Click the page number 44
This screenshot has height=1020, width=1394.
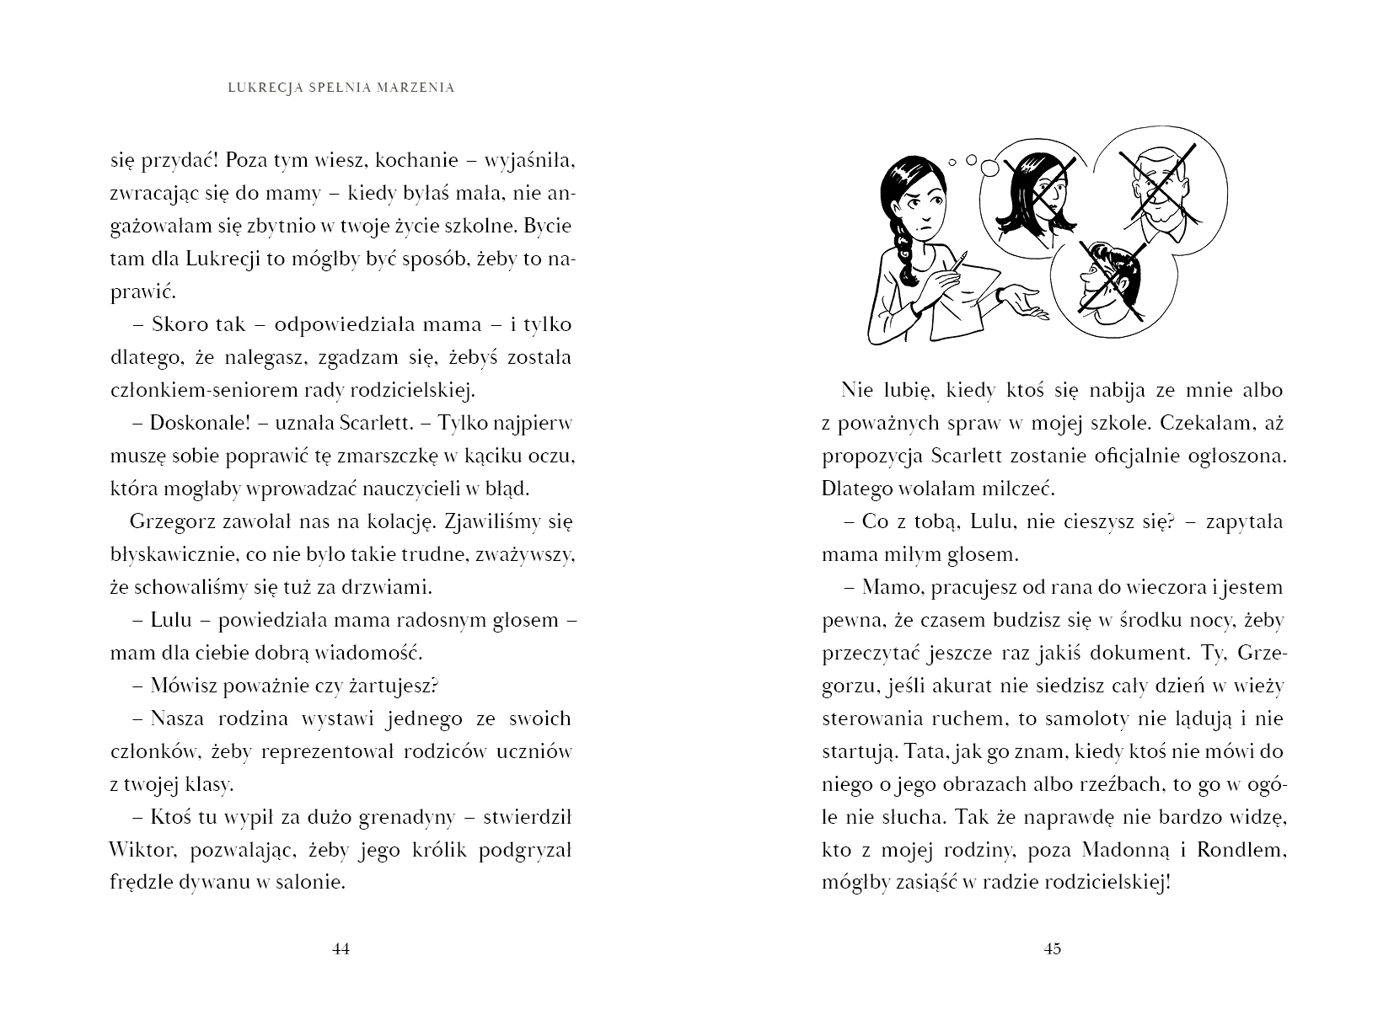point(340,948)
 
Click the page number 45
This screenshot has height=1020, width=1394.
point(1052,948)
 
